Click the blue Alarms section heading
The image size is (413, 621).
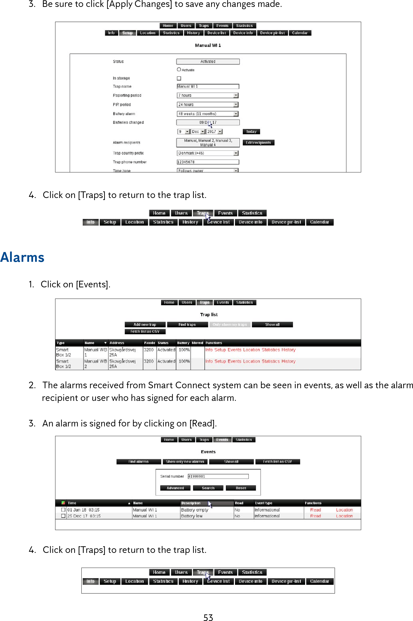point(22,257)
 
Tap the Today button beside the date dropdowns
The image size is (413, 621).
point(251,132)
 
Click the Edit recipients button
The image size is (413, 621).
point(258,143)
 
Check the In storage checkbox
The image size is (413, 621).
point(179,78)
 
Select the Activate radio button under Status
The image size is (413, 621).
point(179,70)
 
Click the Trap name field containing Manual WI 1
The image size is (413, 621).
point(208,86)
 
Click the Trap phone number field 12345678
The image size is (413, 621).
point(208,162)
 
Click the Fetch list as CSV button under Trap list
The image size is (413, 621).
point(145,331)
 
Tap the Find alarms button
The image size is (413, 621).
point(138,462)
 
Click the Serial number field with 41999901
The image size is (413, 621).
point(218,476)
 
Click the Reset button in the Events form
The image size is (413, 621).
point(241,488)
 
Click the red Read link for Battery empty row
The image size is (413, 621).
point(315,510)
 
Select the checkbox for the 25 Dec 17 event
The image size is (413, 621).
point(63,516)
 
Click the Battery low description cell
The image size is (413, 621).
point(192,516)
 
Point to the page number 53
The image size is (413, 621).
point(208,618)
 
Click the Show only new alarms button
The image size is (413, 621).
point(185,462)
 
